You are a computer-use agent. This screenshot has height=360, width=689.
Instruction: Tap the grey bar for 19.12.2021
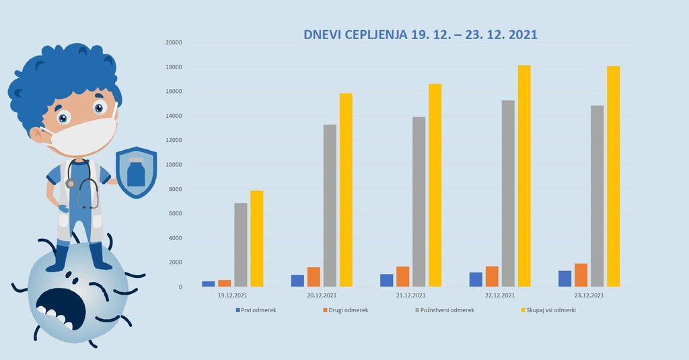(240, 245)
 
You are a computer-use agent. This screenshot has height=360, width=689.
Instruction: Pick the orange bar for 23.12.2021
(581, 275)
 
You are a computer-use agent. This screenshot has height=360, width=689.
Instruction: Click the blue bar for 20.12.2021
(297, 281)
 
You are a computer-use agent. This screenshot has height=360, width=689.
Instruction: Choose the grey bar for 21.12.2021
(419, 202)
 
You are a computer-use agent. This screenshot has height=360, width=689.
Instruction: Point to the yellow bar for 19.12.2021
(256, 239)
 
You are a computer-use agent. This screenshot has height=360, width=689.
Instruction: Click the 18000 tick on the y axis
(173, 67)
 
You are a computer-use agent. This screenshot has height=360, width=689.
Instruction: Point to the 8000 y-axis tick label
(175, 190)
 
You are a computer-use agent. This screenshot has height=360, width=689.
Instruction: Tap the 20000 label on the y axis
(173, 42)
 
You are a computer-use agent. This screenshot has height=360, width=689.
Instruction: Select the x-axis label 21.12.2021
(410, 295)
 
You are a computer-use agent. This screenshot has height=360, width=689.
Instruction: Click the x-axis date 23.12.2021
(589, 295)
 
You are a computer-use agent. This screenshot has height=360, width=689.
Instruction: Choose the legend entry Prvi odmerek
(256, 310)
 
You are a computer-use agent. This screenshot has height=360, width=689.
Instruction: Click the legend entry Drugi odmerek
(345, 310)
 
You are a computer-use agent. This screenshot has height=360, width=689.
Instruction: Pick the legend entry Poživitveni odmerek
(443, 310)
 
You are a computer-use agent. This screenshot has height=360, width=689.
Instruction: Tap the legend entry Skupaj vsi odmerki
(548, 310)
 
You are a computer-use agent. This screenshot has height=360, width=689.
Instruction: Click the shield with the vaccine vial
(136, 173)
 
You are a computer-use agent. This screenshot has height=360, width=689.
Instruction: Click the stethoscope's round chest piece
(71, 183)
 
